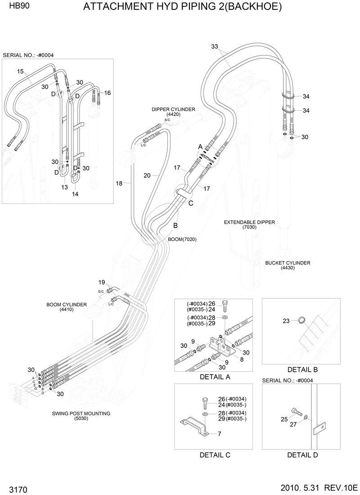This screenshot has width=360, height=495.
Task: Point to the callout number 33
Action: click(x=215, y=46)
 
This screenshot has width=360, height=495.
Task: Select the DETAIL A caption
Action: click(x=215, y=377)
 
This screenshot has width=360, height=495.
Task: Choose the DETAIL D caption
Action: click(x=302, y=454)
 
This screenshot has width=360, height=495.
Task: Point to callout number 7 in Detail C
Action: click(x=219, y=434)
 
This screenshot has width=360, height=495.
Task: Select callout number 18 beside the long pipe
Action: click(x=119, y=183)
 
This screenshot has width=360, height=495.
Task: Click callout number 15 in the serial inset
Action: click(x=20, y=71)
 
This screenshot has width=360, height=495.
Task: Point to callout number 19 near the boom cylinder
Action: click(x=102, y=282)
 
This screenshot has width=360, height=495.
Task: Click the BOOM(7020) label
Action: click(x=182, y=239)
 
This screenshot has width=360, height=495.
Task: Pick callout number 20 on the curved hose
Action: click(x=147, y=175)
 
